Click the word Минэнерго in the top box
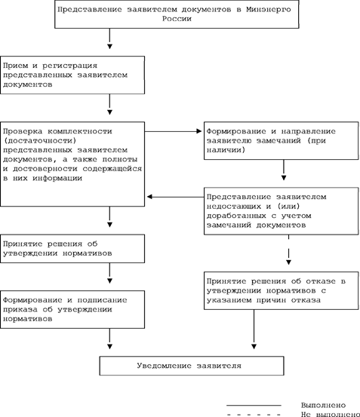(268, 10)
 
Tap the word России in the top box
(177, 19)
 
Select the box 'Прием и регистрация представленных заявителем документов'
(72, 75)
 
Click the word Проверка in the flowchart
(23, 131)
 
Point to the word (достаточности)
(40, 141)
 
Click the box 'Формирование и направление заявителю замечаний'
(282, 141)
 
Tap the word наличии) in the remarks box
(226, 150)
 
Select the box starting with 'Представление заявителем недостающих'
(282, 211)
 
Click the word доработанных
(236, 216)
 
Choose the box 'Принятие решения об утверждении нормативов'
(72, 249)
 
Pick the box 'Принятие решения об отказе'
(282, 290)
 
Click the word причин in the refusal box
(271, 300)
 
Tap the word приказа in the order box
(20, 310)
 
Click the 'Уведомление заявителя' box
(192, 366)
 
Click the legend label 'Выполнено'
(323, 405)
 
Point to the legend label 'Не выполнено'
(331, 414)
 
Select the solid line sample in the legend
(254, 405)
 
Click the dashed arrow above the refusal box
(289, 250)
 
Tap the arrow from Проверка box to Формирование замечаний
(174, 131)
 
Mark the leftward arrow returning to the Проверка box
(175, 197)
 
